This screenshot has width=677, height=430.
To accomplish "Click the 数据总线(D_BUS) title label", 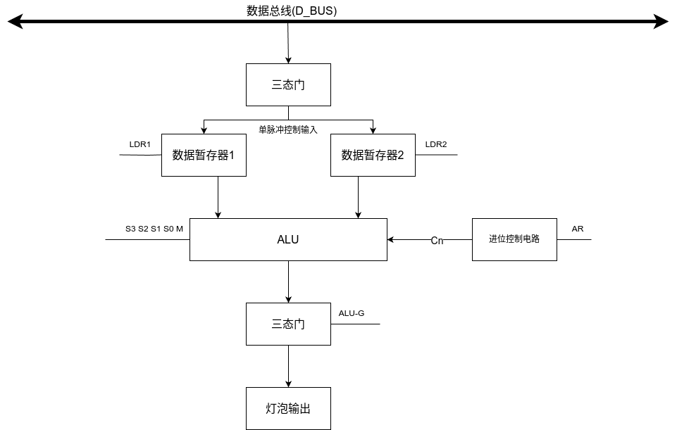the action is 292,11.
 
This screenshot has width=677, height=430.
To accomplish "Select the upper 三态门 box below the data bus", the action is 288,85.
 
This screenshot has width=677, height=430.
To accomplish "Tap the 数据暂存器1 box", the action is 204,155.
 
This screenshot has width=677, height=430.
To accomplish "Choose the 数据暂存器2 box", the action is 373,155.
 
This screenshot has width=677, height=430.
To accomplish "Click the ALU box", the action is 288,239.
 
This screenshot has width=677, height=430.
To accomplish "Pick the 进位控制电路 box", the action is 514,239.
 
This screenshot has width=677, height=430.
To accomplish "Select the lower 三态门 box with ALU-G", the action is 288,324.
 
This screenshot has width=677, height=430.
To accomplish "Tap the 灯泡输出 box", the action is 288,408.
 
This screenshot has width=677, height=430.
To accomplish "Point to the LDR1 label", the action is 140,144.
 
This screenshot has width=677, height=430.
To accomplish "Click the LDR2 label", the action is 436,144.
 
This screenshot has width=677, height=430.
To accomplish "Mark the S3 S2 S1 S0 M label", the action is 154,229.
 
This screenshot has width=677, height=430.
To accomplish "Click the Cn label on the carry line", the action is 437,240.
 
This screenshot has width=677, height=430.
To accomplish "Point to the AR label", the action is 577,229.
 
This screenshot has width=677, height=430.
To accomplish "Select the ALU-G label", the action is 352,314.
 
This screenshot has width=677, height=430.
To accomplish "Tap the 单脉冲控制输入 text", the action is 288,129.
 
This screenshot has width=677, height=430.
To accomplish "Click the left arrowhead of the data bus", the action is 15,22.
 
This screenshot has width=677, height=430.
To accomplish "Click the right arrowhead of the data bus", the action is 662,22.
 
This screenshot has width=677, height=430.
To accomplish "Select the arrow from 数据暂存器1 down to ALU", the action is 218,197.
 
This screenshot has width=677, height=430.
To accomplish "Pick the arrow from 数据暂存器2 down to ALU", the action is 358,197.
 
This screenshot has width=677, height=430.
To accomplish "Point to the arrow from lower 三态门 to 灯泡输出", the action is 288,366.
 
